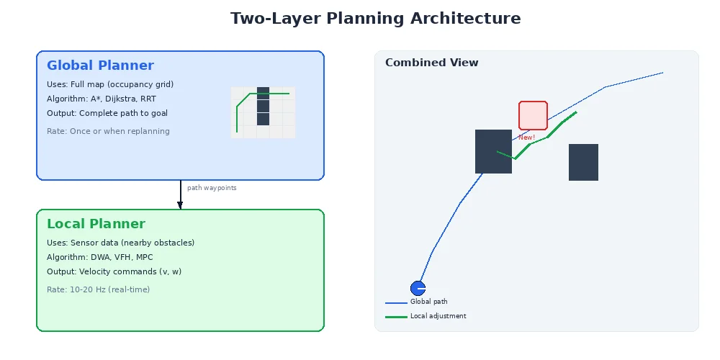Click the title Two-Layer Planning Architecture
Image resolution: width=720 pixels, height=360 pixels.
pos(375,19)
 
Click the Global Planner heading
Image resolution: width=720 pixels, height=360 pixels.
pos(100,66)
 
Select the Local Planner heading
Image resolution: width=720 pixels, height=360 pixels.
pos(96,224)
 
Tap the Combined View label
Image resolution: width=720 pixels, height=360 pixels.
pos(431,63)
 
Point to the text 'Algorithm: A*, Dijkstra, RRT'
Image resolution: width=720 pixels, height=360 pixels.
pos(106,99)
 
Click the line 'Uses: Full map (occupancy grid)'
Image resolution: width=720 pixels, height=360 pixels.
pos(110,84)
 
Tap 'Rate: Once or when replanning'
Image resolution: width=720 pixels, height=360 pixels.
pos(108,131)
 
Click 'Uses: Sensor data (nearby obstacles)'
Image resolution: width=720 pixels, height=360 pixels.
pos(120,243)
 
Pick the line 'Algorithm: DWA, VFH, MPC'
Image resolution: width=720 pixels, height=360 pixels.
pos(99,257)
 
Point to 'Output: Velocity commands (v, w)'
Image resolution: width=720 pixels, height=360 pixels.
pos(113,271)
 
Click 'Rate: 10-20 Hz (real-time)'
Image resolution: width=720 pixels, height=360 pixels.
pos(98,289)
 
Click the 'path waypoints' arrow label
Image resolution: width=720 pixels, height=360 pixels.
pos(212,188)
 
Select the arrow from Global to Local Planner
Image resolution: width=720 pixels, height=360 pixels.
pos(180,194)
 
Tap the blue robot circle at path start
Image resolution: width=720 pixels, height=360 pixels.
pos(418,288)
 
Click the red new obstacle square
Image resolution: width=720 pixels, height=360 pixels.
pos(533,115)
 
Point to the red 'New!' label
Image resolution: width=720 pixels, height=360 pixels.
pos(526,137)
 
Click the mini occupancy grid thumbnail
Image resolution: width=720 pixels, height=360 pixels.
pos(263,112)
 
